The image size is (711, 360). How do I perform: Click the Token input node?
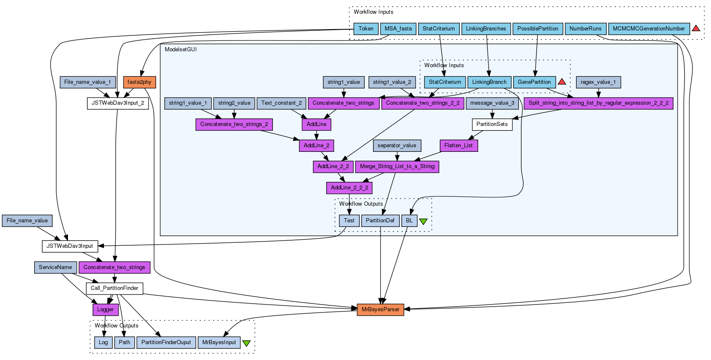366,29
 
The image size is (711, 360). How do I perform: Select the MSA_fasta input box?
398,29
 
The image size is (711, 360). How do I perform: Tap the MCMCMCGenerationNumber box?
648,29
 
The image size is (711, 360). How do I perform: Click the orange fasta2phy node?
139,82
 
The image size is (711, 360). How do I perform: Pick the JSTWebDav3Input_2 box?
118,103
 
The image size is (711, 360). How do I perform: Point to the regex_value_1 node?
598,82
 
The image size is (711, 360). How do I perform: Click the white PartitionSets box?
492,124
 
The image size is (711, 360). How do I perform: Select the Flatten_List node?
458,146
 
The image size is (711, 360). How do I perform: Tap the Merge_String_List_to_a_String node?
397,166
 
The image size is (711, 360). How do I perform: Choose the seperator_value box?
397,146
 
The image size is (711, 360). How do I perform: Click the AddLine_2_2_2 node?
349,188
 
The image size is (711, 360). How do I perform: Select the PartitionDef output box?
380,221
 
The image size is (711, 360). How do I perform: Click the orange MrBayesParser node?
380,310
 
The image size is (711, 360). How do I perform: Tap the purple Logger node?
105,310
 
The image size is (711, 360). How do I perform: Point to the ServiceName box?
55,267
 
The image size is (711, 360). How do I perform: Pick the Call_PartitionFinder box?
114,288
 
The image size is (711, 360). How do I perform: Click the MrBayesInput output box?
219,342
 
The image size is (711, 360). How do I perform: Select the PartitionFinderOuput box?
166,342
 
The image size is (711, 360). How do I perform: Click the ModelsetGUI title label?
180,50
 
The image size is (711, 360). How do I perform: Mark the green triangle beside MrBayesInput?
247,343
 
